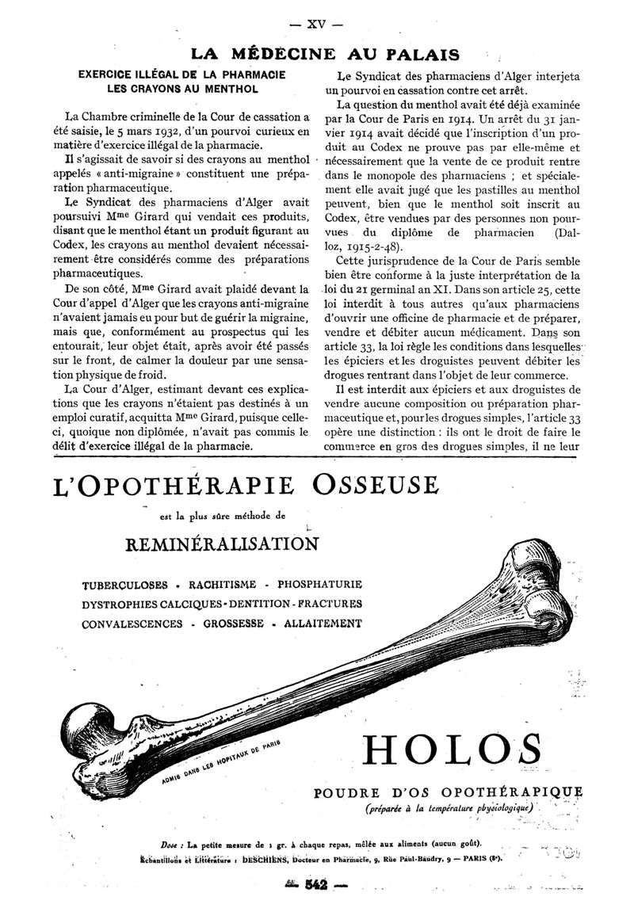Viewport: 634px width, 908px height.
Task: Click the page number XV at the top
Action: click(316, 24)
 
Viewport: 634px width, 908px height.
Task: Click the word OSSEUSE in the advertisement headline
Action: click(374, 484)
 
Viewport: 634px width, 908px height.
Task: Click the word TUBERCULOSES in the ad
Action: click(124, 585)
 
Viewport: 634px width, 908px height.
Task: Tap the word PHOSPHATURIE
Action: click(315, 585)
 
